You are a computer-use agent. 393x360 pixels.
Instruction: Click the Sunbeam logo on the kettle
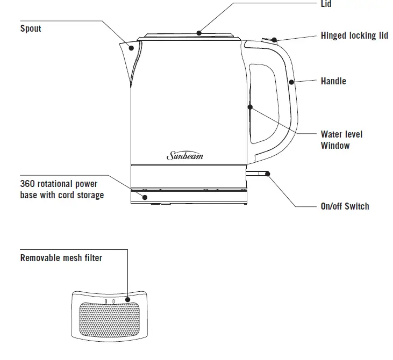(x=185, y=156)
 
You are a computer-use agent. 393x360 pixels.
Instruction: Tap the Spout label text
(x=31, y=28)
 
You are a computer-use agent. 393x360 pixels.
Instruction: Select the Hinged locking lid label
(x=354, y=36)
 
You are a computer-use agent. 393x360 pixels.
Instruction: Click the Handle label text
(x=333, y=81)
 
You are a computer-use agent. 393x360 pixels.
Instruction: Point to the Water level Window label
(x=341, y=140)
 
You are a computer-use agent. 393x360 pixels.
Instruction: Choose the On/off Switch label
(x=345, y=206)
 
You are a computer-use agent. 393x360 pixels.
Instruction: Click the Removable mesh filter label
(x=61, y=258)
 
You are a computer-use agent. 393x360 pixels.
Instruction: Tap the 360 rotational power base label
(x=62, y=190)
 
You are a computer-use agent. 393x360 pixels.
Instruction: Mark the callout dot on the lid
(x=198, y=33)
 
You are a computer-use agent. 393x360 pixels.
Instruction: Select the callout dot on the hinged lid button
(x=274, y=40)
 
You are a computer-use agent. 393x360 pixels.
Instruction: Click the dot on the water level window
(x=250, y=107)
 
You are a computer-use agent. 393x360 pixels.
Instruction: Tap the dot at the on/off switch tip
(x=267, y=174)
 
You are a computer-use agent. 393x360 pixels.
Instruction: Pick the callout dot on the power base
(x=144, y=197)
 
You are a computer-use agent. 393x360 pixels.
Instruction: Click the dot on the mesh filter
(x=128, y=300)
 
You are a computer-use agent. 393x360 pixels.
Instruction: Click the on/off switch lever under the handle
(x=257, y=174)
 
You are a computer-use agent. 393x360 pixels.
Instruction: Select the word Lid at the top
(x=326, y=4)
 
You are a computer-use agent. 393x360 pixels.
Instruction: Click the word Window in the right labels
(x=335, y=146)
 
